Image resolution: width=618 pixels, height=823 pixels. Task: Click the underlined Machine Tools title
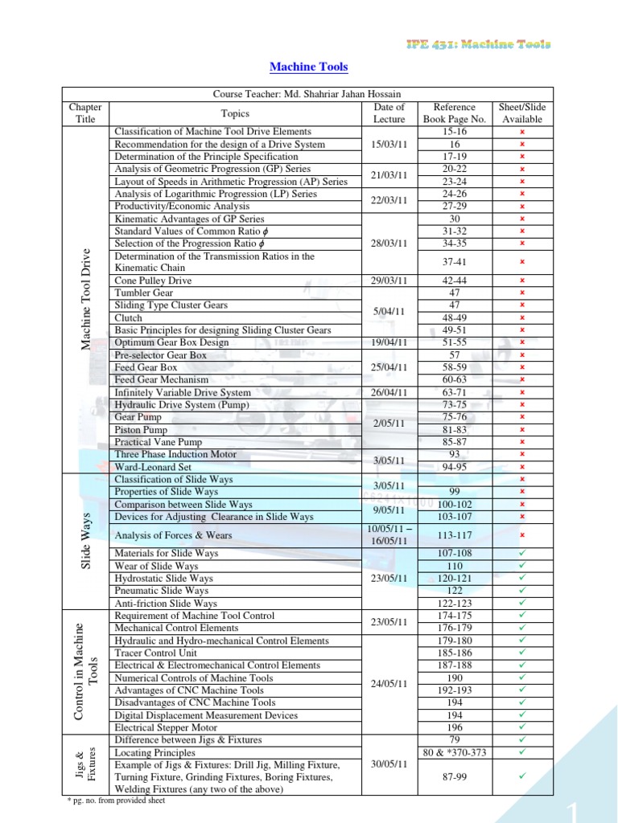pos(308,68)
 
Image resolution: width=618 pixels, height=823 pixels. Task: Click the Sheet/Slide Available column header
pos(521,113)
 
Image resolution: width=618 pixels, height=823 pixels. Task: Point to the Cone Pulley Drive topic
pos(154,281)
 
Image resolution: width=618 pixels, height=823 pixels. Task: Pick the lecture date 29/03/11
pos(389,281)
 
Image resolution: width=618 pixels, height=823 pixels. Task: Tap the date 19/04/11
pos(389,342)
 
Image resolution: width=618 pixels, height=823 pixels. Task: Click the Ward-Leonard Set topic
pos(153,466)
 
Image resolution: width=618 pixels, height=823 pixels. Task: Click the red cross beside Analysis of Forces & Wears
pos(521,535)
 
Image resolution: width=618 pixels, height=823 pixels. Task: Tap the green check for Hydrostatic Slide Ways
pos(521,578)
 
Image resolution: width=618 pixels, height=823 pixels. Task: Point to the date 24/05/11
pos(389,684)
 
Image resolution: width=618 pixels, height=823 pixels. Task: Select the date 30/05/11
pos(389,764)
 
